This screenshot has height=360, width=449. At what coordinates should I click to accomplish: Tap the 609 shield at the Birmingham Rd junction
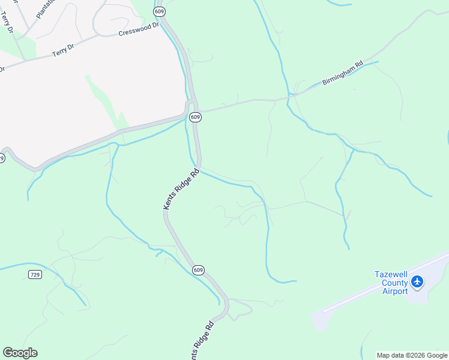pyautogui.click(x=195, y=118)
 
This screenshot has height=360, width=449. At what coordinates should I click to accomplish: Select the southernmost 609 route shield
pyautogui.click(x=199, y=270)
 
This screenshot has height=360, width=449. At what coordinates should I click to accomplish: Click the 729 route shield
pyautogui.click(x=35, y=274)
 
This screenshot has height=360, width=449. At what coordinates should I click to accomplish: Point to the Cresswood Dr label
pyautogui.click(x=139, y=31)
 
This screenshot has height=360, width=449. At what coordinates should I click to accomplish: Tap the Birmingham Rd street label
pyautogui.click(x=343, y=73)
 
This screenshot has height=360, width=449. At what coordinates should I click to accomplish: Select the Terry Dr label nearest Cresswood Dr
pyautogui.click(x=62, y=52)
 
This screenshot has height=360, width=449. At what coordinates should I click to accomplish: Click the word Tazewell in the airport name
pyautogui.click(x=391, y=274)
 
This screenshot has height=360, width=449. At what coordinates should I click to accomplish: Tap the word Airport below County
pyautogui.click(x=395, y=291)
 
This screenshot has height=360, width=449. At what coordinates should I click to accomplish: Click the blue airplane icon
pyautogui.click(x=418, y=281)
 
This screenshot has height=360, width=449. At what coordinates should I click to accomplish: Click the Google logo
pyautogui.click(x=20, y=353)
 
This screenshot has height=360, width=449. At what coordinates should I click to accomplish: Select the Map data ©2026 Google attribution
pyautogui.click(x=412, y=355)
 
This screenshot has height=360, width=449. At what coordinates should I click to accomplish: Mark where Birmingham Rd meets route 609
pyautogui.click(x=197, y=111)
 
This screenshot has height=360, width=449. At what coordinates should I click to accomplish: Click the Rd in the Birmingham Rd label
pyautogui.click(x=359, y=64)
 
